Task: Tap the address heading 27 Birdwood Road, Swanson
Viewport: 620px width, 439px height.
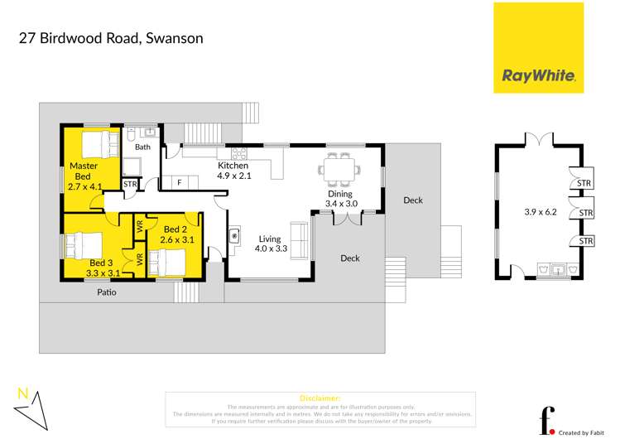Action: click(111, 38)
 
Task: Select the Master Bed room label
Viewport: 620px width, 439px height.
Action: click(83, 171)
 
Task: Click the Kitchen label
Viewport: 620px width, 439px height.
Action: click(233, 166)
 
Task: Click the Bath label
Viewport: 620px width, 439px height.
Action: click(143, 147)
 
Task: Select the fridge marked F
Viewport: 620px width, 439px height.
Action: click(179, 182)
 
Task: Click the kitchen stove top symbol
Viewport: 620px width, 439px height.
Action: click(239, 152)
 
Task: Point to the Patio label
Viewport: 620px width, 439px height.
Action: click(106, 292)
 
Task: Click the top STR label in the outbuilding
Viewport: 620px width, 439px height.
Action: click(584, 183)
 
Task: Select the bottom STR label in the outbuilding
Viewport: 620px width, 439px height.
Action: click(585, 241)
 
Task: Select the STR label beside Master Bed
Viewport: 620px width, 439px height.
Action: click(130, 185)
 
